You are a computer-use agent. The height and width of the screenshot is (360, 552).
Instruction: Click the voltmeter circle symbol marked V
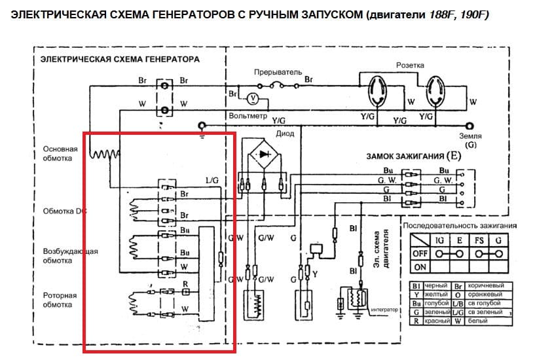[249, 98]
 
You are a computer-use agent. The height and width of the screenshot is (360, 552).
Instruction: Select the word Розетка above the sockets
[410, 65]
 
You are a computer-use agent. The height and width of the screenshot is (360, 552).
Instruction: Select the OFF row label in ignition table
[419, 253]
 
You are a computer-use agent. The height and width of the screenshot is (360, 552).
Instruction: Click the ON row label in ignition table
[419, 267]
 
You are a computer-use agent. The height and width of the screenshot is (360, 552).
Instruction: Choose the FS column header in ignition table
[479, 240]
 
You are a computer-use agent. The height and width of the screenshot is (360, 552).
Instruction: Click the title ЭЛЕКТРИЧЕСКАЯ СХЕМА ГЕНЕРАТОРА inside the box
[120, 59]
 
